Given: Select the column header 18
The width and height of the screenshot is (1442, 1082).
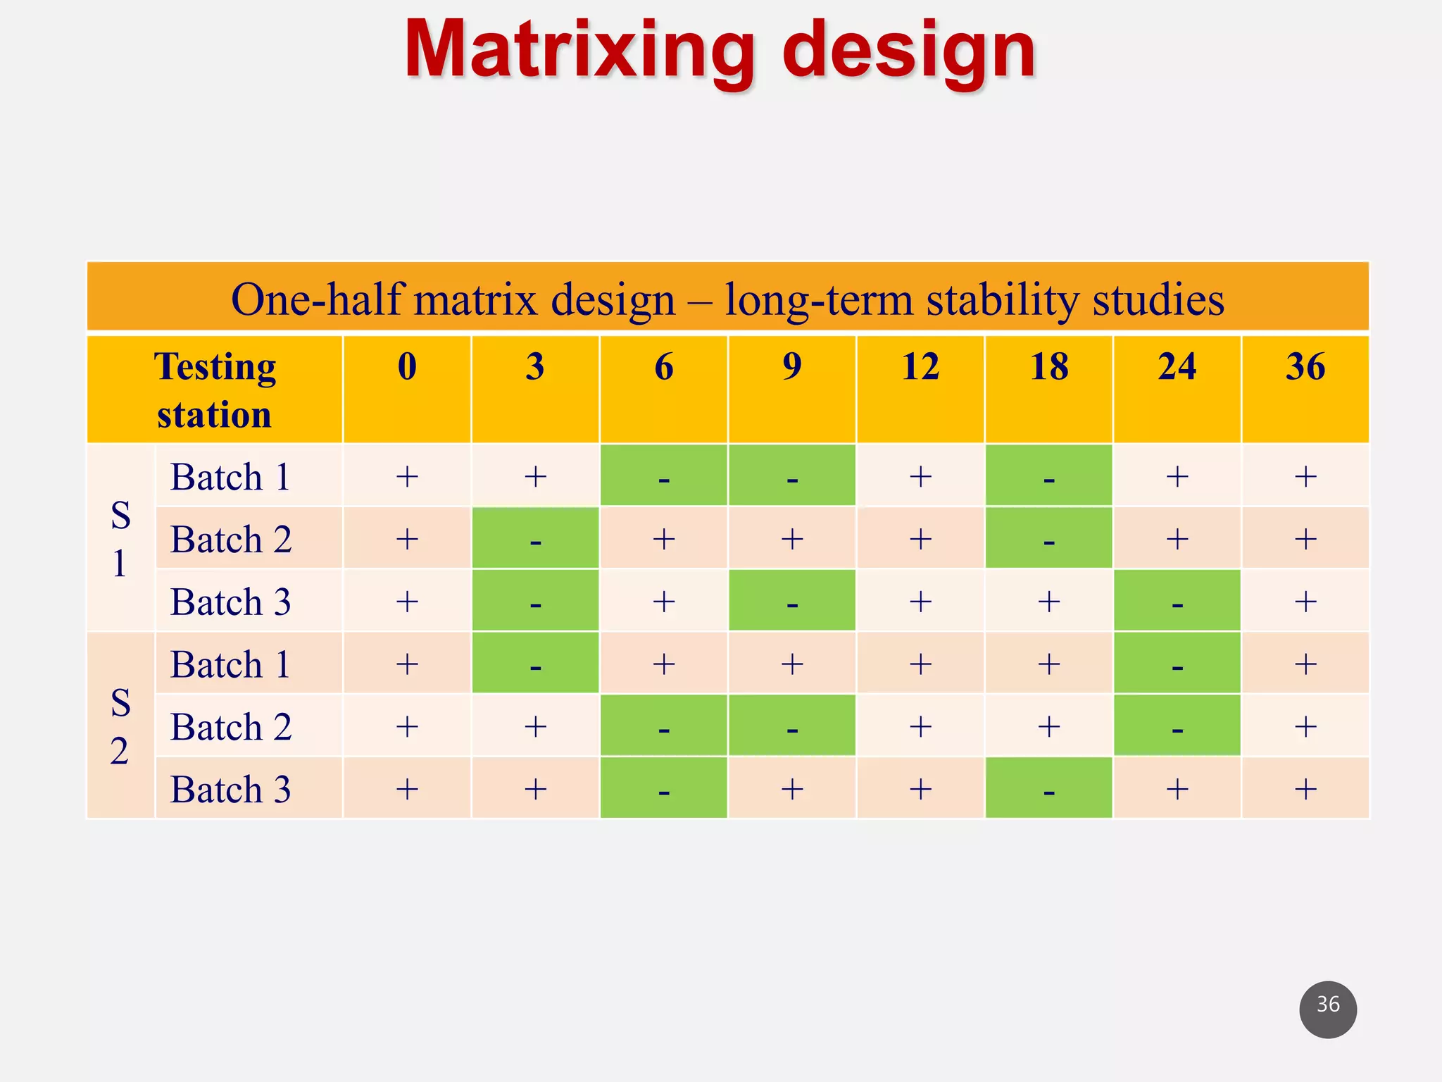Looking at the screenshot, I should point(1048,368).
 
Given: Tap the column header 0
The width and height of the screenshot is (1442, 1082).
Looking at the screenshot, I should point(407,368).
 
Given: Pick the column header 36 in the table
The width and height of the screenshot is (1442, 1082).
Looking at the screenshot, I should point(1305,368).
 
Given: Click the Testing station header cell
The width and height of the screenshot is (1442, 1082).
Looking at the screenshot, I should point(215,390).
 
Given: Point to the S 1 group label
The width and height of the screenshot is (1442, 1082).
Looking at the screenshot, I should point(120,539).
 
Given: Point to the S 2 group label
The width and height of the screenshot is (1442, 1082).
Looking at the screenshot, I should point(120,726).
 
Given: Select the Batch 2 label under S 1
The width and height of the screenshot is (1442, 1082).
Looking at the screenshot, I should point(231,540).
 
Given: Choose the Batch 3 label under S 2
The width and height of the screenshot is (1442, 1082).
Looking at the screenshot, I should point(231,789).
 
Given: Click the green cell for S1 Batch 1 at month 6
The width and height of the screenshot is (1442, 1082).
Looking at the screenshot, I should point(663,476).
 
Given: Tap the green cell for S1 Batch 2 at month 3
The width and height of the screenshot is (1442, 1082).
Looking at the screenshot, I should point(535,539).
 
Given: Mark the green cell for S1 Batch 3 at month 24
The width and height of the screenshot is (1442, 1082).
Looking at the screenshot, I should point(1177,601).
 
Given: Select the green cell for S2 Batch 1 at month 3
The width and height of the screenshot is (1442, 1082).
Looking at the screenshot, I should point(535,664).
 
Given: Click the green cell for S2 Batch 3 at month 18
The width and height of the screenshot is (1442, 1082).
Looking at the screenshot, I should point(1048,788).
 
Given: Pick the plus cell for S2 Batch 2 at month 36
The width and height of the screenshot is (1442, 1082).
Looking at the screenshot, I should point(1305,726).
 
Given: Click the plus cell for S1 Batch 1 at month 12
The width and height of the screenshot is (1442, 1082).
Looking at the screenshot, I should point(920,476).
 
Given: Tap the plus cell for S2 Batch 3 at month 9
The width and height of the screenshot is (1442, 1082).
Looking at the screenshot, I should point(792,788).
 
